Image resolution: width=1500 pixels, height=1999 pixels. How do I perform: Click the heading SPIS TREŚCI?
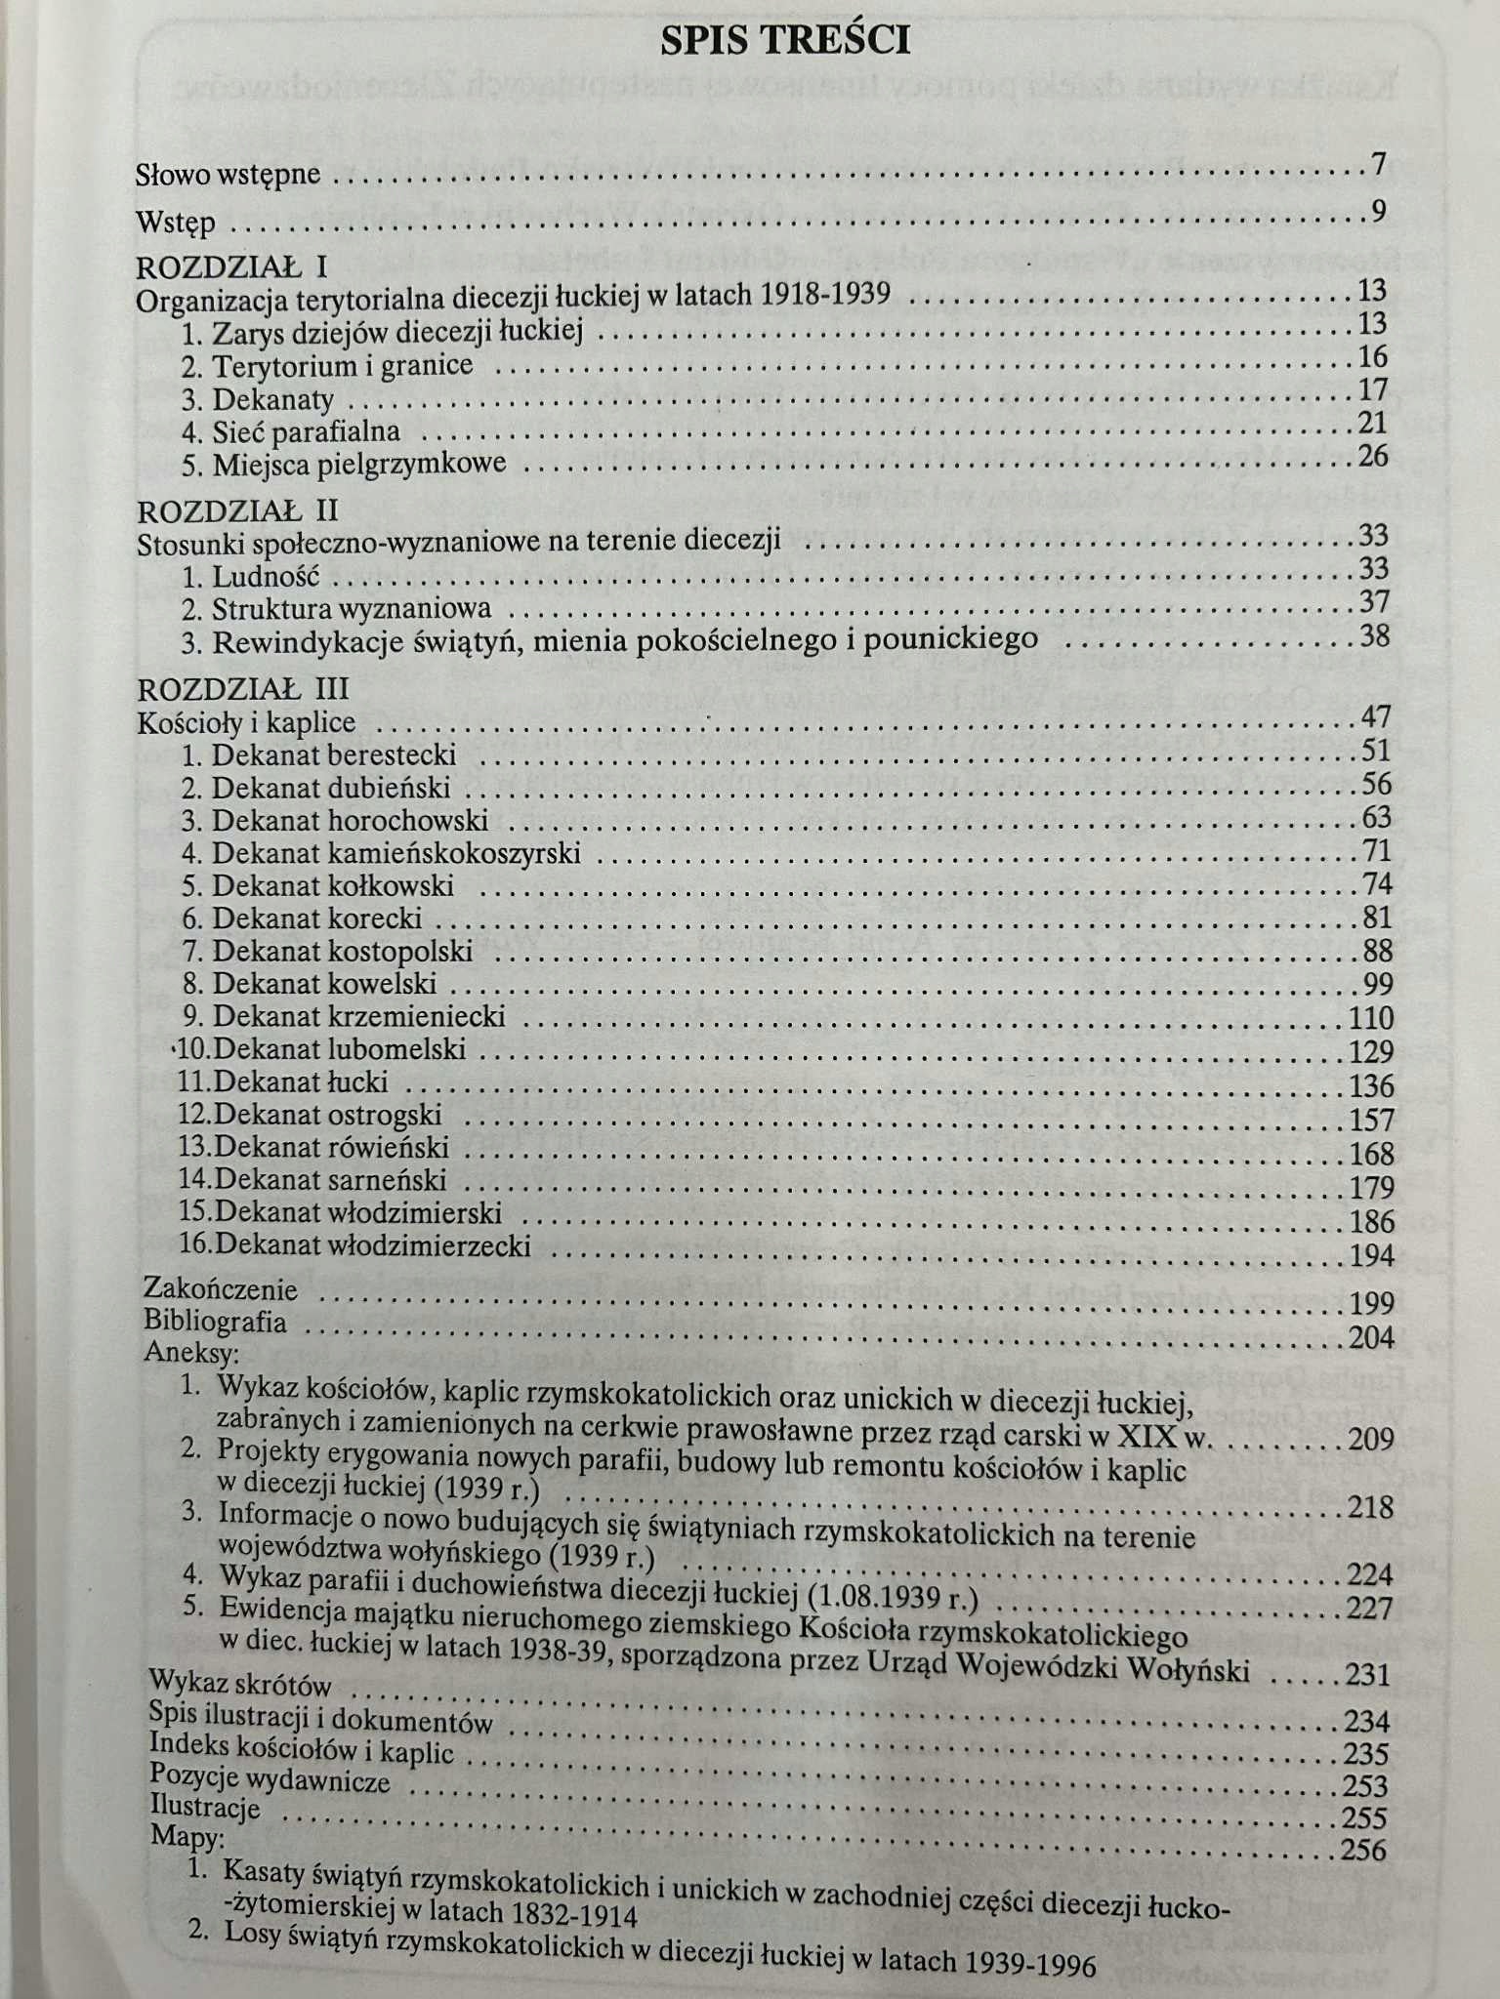point(785,40)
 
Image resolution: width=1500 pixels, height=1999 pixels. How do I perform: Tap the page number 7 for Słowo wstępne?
point(1378,165)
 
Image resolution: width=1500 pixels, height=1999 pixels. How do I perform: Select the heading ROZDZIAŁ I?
point(232,266)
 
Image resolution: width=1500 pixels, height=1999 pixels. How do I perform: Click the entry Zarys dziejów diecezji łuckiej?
point(397,332)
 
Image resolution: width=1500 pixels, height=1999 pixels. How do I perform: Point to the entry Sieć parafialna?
point(306,431)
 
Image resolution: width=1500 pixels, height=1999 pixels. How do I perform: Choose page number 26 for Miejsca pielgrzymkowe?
point(1372,456)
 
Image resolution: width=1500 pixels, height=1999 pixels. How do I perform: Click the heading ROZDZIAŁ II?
point(238,511)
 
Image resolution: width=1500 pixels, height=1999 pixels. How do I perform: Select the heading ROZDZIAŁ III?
point(243,690)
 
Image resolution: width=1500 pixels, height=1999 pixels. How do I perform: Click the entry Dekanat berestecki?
point(333,755)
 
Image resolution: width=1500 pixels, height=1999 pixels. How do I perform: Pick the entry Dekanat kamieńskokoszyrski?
point(396,854)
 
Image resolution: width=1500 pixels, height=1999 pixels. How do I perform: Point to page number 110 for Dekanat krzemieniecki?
point(1370,1018)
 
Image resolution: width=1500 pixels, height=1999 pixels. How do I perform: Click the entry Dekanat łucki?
point(300,1082)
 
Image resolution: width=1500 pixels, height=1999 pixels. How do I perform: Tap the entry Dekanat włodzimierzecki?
point(372,1245)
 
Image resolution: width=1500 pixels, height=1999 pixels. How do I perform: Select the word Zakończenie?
point(220,1289)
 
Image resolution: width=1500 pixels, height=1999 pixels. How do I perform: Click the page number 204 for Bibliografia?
point(1371,1338)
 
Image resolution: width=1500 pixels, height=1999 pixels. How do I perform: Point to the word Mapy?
point(187,1837)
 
